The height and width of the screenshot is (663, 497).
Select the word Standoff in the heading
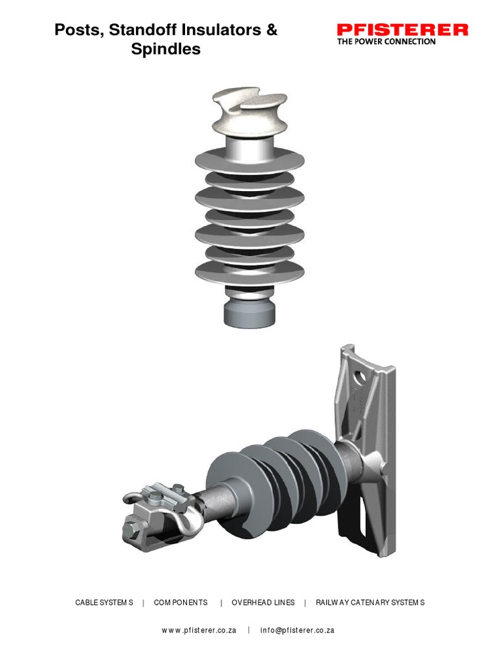[140, 30]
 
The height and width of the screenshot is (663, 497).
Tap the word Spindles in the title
[166, 49]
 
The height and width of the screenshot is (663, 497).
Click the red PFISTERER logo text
[402, 29]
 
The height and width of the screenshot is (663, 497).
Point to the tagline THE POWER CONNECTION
[386, 41]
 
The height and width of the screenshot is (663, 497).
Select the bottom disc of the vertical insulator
[248, 273]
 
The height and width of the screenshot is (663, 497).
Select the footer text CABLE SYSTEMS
[104, 602]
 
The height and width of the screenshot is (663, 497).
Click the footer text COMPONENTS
[181, 602]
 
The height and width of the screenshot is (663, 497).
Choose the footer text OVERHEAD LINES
[263, 602]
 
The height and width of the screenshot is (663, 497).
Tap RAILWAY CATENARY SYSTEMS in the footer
[370, 602]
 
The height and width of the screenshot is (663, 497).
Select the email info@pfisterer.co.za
[297, 630]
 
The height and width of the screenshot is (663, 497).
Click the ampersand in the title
[271, 30]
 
